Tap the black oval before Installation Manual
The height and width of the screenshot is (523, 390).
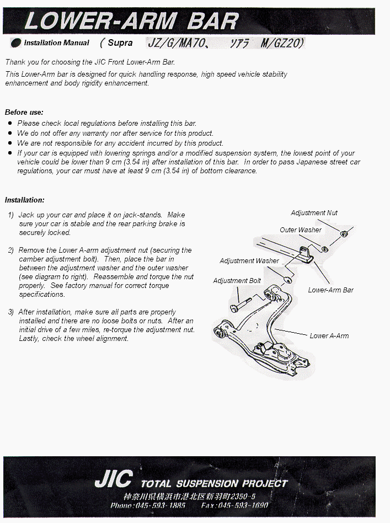pos(16,42)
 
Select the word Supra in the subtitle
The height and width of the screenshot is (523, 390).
pos(120,42)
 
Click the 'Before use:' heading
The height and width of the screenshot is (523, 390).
pos(24,112)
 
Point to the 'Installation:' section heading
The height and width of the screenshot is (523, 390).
pos(24,200)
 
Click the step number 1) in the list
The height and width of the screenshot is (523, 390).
pos(11,215)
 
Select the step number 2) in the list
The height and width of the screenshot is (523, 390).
pos(11,250)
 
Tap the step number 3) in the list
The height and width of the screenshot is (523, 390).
pos(11,312)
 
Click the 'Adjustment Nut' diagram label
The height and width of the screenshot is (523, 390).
pos(314,213)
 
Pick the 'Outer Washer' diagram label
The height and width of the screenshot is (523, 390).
pos(300,230)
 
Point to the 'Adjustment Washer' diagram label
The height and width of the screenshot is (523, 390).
pos(249,260)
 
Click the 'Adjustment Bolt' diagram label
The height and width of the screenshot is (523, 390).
pos(237,281)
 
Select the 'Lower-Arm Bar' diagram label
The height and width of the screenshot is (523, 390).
pos(331,290)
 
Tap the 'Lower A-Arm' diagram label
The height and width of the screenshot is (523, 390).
pos(329,335)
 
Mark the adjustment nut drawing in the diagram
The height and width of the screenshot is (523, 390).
pos(344,234)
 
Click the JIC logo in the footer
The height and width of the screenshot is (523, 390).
pos(113,479)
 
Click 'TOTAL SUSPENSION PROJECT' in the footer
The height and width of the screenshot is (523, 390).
pos(214,483)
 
